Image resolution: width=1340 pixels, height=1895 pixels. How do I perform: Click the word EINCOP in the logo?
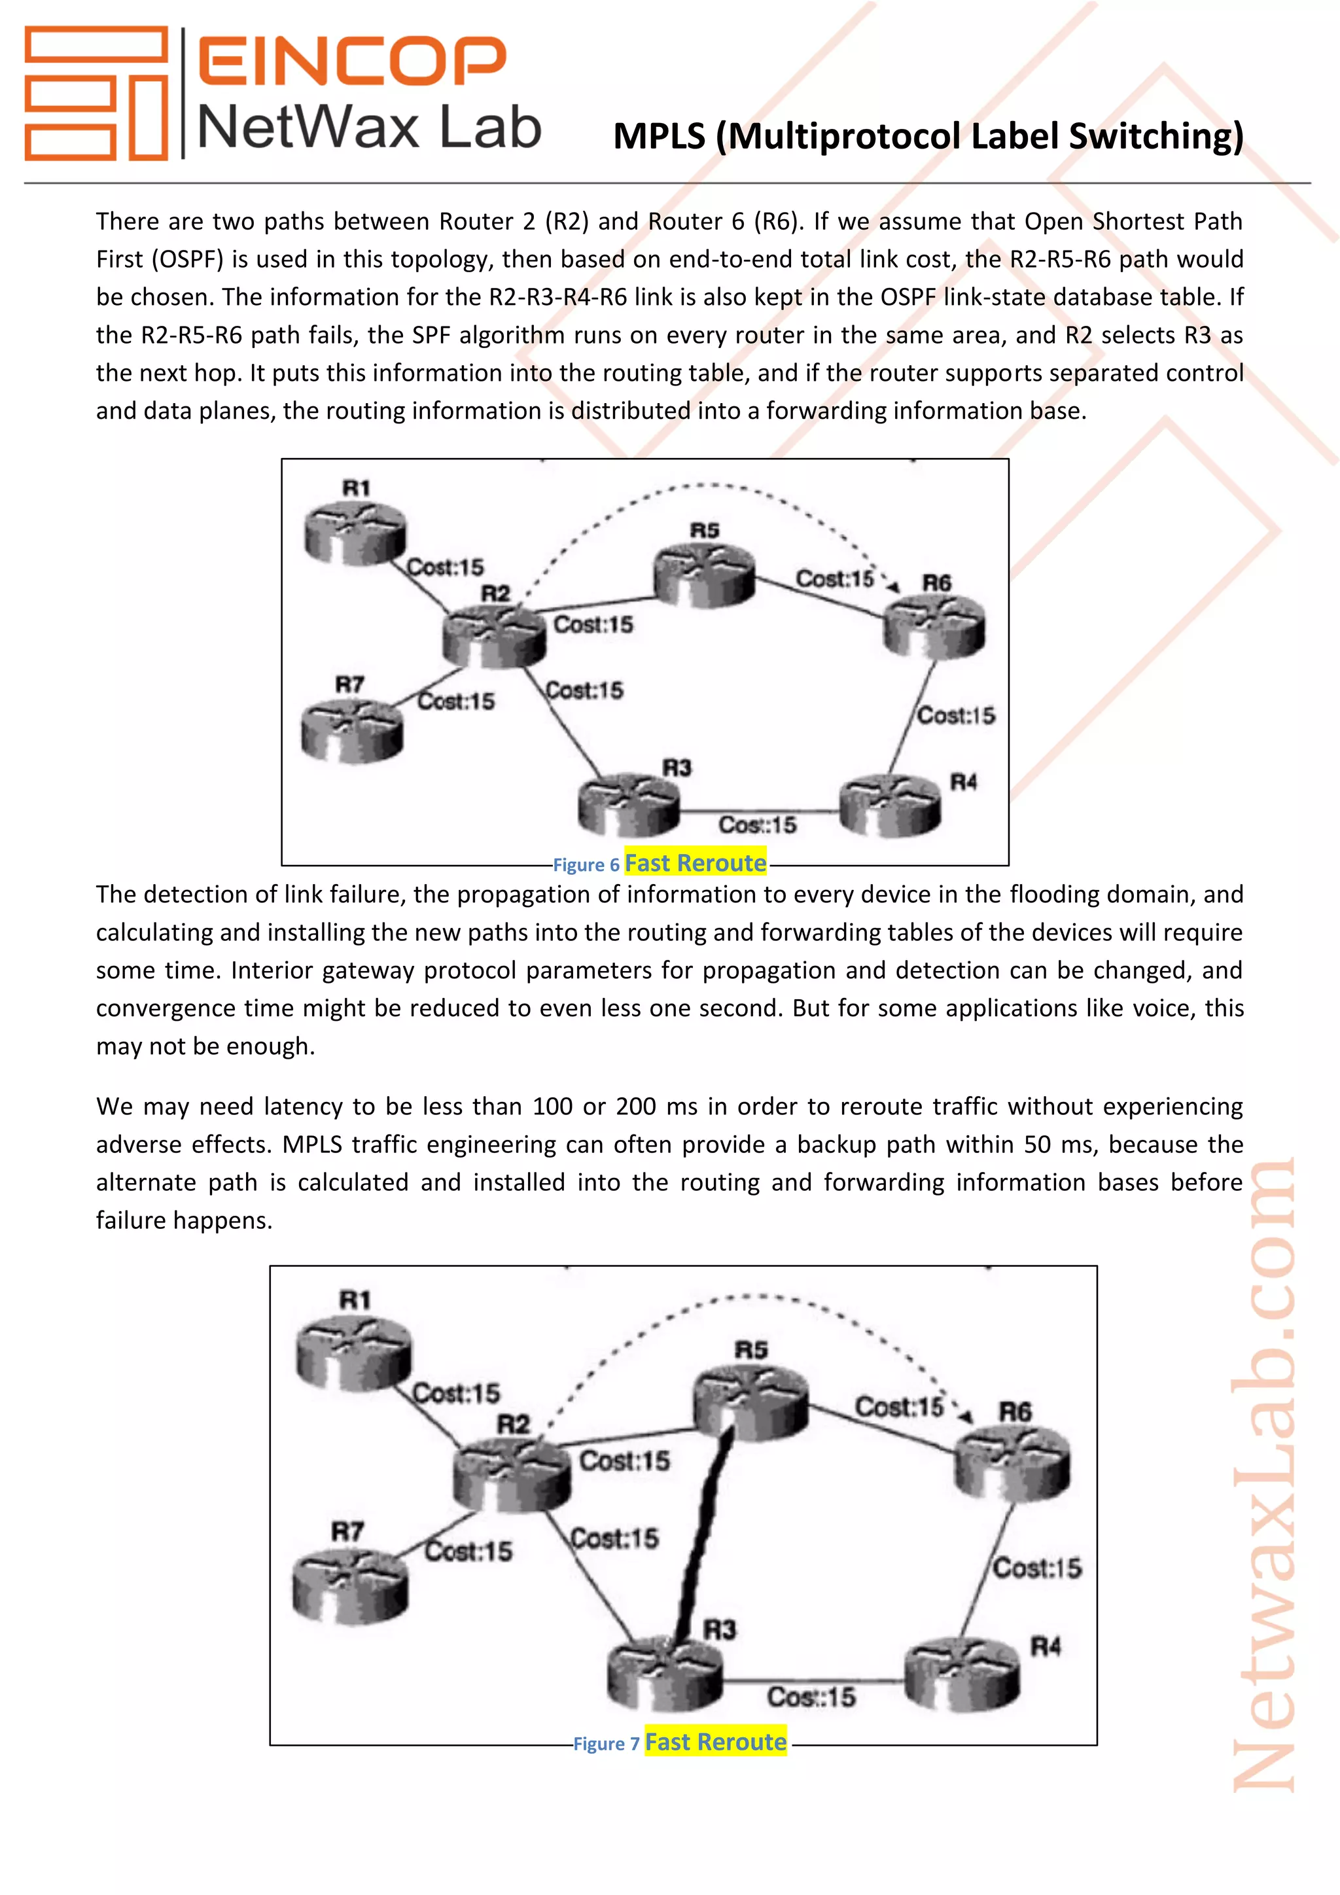click(x=351, y=60)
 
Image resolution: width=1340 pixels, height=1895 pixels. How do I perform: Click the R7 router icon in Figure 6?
click(x=352, y=730)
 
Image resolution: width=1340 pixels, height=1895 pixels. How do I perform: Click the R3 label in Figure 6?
click(x=677, y=768)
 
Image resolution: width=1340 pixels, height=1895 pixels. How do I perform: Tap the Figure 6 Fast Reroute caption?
click(x=660, y=863)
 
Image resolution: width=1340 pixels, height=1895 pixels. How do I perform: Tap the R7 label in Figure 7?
click(x=347, y=1532)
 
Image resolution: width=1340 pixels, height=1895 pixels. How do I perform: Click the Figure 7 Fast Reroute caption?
click(x=680, y=1743)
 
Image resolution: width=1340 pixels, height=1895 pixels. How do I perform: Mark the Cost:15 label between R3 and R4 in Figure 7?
click(x=811, y=1698)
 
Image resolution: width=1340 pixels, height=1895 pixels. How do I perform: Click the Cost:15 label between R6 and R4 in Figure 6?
click(x=957, y=716)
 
